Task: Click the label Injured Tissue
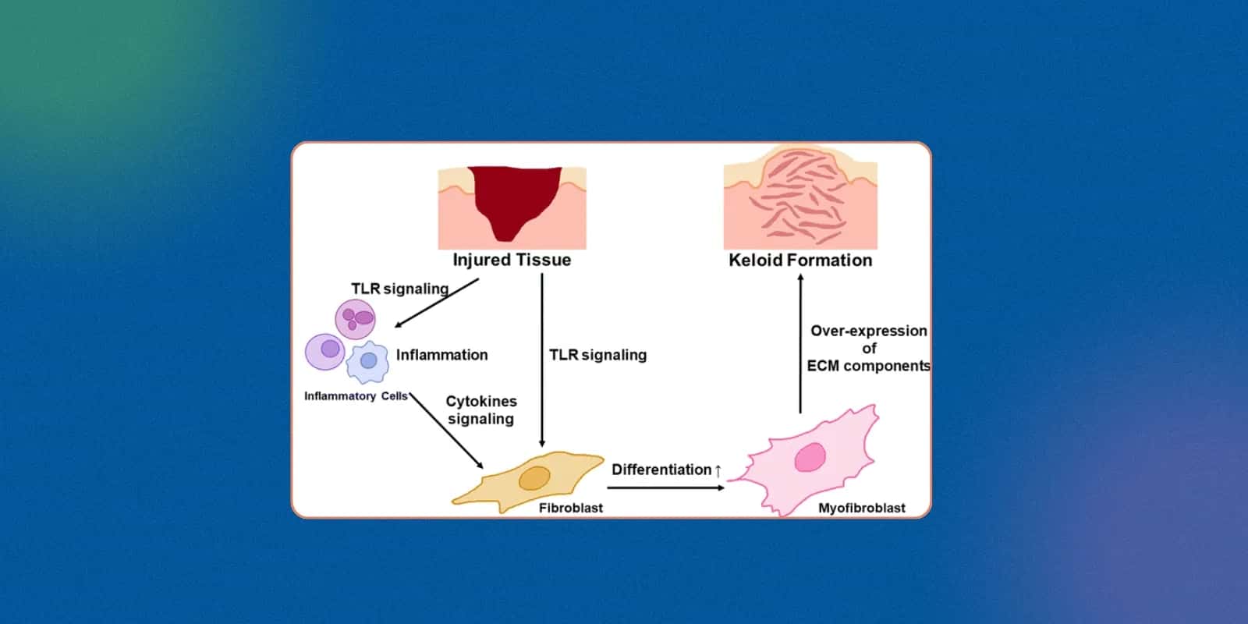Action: (512, 260)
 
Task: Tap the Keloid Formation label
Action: (800, 261)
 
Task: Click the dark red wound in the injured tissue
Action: (514, 195)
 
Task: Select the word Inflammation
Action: (441, 355)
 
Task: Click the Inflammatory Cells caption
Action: (356, 396)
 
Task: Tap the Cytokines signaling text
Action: (481, 409)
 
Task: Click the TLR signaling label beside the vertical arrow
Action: (597, 355)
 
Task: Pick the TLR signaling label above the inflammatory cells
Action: (399, 289)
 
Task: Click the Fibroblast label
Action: (571, 508)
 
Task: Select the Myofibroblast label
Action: (862, 508)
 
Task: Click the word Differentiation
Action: (661, 470)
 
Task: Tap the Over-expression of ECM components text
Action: (868, 348)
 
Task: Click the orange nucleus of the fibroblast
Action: (534, 478)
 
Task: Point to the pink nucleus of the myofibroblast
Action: (810, 458)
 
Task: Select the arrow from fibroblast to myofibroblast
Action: (665, 487)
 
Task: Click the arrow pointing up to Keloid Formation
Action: (800, 343)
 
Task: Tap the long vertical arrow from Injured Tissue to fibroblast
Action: (542, 359)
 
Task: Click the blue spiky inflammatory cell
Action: (368, 362)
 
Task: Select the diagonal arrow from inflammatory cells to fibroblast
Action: (446, 431)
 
